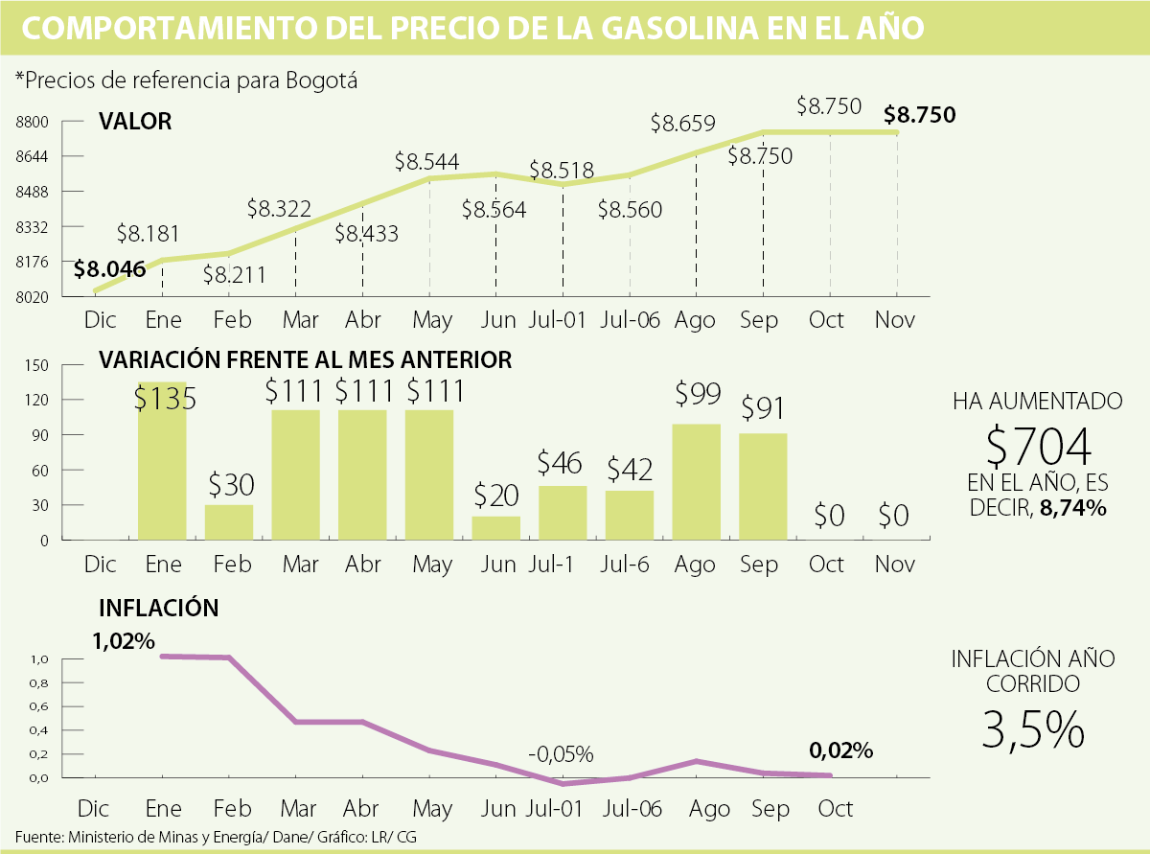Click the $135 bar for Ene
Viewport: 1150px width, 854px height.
162,470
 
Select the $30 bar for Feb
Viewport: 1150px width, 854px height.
229,522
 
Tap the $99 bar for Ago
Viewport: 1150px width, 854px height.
697,482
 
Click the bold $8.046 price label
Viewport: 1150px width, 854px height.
110,269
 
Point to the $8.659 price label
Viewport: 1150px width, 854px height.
682,124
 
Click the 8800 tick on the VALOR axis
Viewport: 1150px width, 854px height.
33,122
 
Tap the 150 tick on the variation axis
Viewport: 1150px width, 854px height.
36,365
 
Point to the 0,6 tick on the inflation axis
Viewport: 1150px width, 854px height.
39,706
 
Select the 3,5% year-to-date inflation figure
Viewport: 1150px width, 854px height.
1033,730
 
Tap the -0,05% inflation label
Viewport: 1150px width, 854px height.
561,752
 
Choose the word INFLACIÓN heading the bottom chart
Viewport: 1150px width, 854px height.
159,608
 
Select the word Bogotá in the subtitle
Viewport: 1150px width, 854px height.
321,81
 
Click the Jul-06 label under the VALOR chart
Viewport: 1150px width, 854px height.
630,320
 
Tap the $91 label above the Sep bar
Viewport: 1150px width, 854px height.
763,408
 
